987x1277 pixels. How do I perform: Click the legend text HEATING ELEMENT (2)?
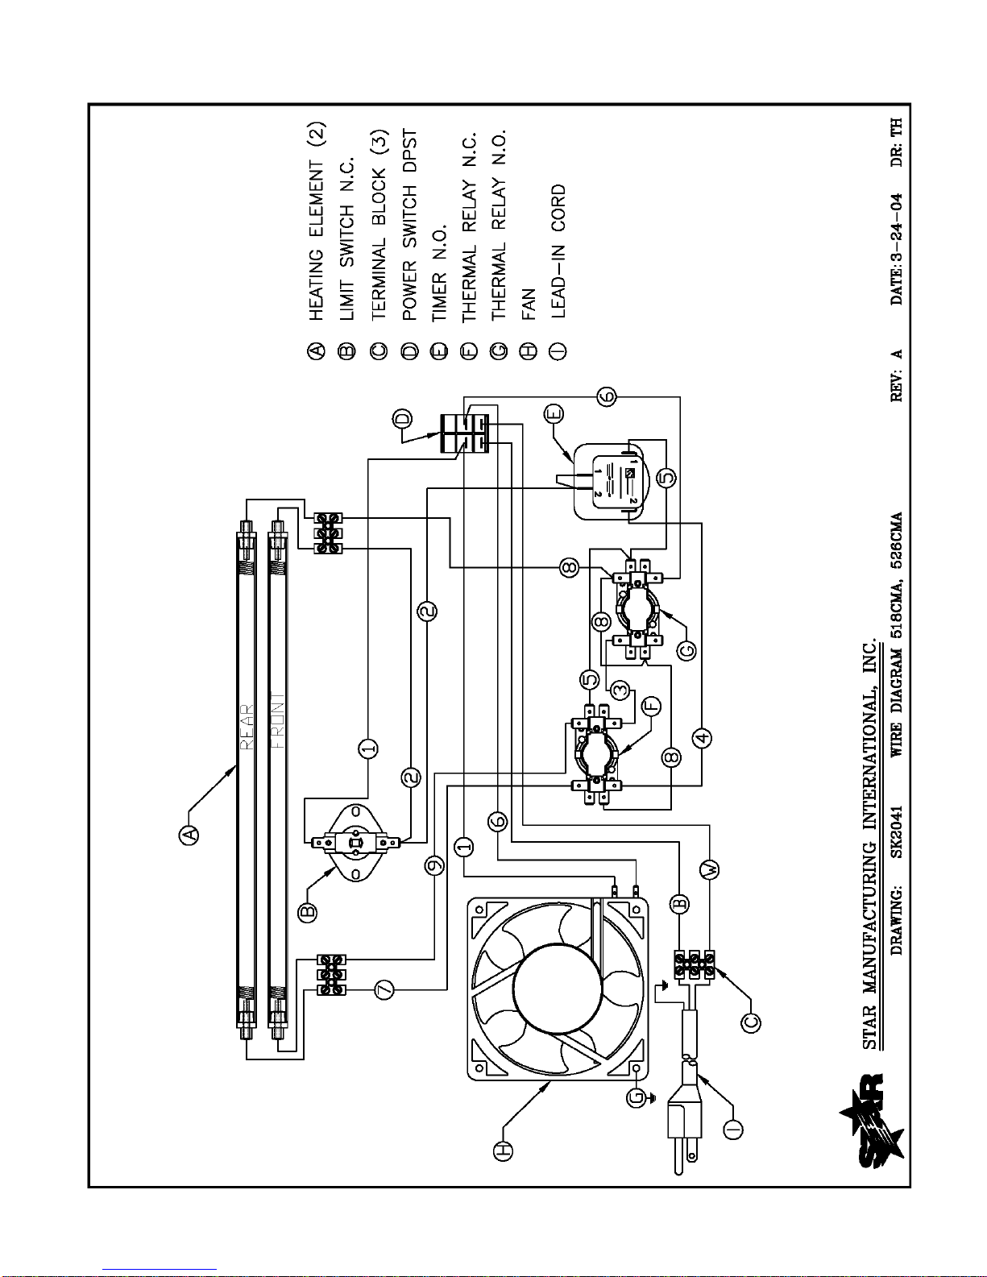[317, 222]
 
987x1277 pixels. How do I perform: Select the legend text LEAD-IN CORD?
[558, 251]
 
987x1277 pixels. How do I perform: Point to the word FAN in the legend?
[529, 304]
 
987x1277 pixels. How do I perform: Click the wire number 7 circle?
[384, 990]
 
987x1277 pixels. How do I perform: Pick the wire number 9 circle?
[434, 865]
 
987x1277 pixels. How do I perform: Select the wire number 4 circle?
[702, 737]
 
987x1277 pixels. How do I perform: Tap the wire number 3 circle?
[620, 690]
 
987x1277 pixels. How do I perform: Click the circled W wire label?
[711, 869]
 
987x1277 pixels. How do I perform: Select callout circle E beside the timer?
[554, 414]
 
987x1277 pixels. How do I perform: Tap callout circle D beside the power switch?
[402, 418]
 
